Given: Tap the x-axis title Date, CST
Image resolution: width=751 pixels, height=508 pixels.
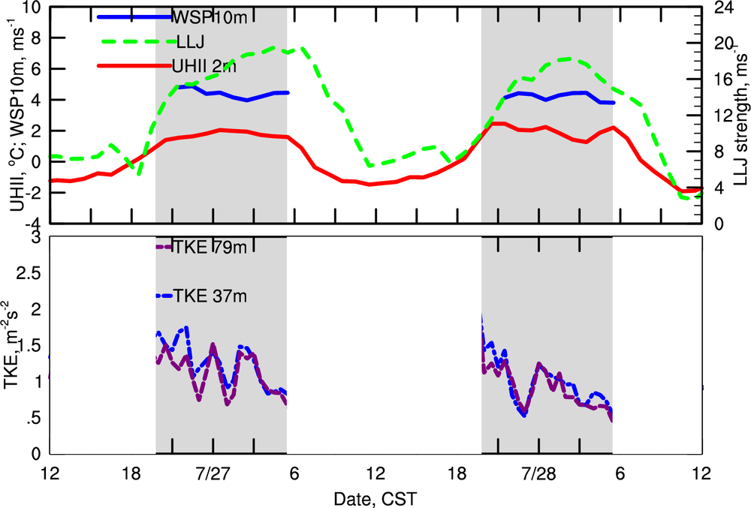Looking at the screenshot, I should click(376, 497).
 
